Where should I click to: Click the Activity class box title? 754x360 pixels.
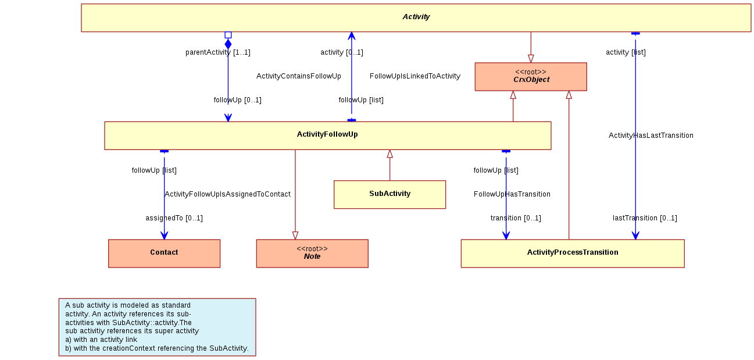pos(416,17)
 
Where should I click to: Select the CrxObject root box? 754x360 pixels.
pos(531,77)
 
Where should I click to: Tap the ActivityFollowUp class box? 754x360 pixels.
pos(327,136)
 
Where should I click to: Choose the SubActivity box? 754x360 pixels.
pos(390,195)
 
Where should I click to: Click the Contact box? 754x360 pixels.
pos(165,254)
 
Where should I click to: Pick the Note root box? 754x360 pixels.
pos(312,254)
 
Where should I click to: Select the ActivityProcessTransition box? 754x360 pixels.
pos(573,254)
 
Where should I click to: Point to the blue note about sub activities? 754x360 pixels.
pos(157,327)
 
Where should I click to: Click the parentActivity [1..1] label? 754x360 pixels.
pos(218,52)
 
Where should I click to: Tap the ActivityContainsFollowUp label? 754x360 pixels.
pos(299,76)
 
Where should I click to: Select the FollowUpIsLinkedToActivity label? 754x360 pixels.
pos(415,76)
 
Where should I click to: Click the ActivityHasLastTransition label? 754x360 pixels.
pos(651,136)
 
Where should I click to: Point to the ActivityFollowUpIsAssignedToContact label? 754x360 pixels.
pos(227,194)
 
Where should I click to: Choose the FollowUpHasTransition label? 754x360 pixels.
pos(512,194)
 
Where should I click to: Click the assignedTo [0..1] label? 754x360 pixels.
pos(174,218)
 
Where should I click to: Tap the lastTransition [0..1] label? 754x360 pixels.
pos(645,218)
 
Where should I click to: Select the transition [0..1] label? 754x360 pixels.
pos(516,218)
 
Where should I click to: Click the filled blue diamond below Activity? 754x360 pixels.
pos(228,44)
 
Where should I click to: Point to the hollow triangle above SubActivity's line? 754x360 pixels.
pos(390,154)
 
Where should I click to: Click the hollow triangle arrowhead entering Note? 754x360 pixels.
pos(295,236)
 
